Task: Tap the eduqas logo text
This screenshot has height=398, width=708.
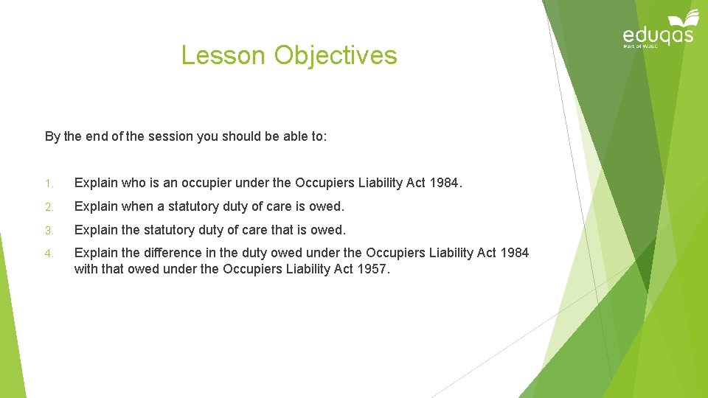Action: (x=658, y=35)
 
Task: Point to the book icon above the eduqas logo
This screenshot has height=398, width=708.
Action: (x=684, y=18)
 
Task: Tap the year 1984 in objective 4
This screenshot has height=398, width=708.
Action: (x=514, y=253)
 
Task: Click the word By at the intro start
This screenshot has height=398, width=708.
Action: (x=52, y=136)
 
